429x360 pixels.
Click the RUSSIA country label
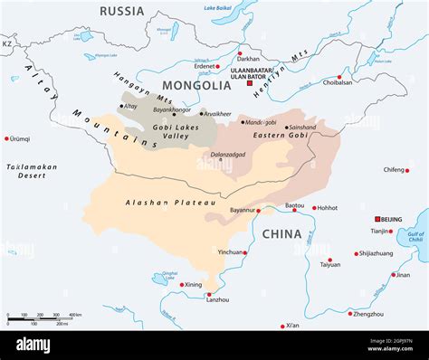tap(121, 11)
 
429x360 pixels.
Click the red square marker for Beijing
tap(378, 219)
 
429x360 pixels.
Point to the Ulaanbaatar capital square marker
tap(250, 82)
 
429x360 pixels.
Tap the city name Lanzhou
tap(217, 299)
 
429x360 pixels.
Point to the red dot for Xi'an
tap(283, 326)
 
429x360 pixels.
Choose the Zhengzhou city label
tap(367, 314)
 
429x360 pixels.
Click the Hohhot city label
tap(327, 208)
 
